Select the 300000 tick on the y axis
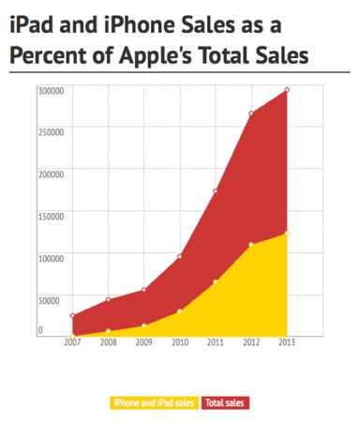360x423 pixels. [x=51, y=90]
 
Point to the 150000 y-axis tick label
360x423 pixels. [x=51, y=216]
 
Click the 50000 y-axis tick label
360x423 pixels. [x=52, y=299]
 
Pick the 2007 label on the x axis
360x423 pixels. [x=72, y=343]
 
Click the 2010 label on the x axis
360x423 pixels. [x=179, y=343]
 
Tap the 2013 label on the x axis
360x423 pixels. [x=287, y=343]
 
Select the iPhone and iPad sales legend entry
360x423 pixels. [x=154, y=402]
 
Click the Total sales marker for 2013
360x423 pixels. [x=287, y=90]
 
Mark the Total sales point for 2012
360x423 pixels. [x=251, y=113]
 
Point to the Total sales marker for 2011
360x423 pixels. [x=216, y=191]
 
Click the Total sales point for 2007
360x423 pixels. [x=72, y=316]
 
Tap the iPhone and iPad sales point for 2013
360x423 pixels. [x=287, y=233]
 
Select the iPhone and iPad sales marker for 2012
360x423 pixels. [x=251, y=245]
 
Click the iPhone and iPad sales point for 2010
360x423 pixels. [x=179, y=310]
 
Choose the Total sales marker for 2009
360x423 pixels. [x=143, y=290]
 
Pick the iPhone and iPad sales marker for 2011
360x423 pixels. [x=216, y=281]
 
